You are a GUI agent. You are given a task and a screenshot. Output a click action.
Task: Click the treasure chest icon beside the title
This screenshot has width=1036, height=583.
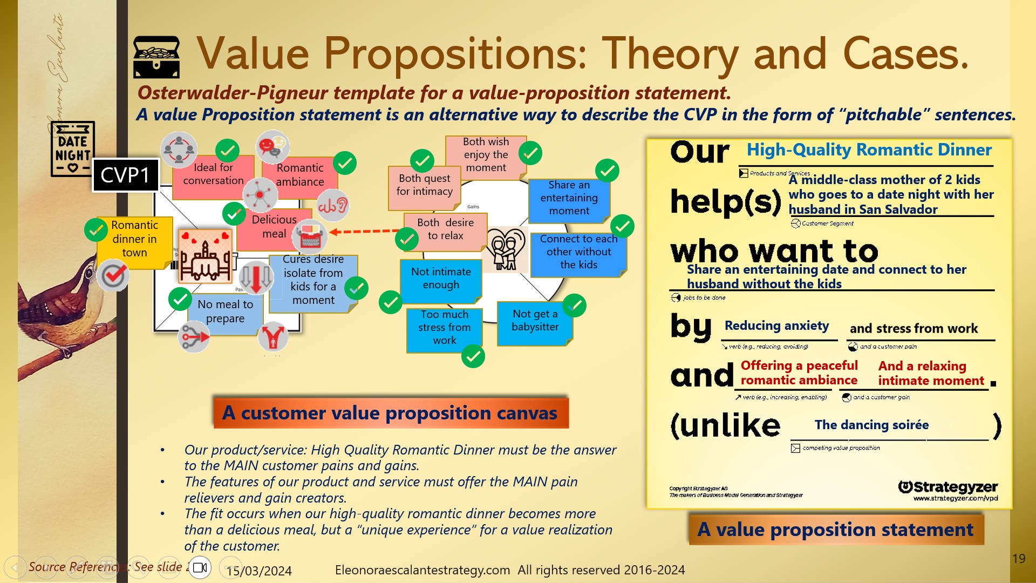[x=156, y=57]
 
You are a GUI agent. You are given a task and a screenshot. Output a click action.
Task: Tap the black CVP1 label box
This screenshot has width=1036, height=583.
[x=126, y=175]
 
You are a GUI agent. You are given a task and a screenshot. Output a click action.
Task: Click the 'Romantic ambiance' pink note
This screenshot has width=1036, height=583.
[x=300, y=175]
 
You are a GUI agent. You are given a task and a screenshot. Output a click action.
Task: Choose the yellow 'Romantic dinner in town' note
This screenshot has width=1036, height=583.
[x=134, y=239]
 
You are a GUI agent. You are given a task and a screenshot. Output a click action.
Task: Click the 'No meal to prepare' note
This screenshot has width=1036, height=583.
[x=225, y=312]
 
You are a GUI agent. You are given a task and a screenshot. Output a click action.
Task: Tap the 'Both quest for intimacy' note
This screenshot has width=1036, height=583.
[x=424, y=185]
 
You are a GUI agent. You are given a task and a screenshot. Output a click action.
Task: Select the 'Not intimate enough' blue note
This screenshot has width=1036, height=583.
[x=441, y=279]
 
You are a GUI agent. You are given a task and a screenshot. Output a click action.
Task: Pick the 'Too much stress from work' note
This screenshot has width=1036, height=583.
[x=444, y=328]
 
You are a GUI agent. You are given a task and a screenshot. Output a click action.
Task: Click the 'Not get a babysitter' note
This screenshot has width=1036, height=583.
[x=535, y=321]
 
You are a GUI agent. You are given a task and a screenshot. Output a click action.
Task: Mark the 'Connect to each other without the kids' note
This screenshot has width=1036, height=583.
[x=578, y=252]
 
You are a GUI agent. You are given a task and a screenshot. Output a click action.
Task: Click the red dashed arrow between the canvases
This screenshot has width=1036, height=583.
[x=364, y=232]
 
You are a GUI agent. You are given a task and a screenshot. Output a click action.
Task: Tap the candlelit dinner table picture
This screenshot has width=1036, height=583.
[x=205, y=256]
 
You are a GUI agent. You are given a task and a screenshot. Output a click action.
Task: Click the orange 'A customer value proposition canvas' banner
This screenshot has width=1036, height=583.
[x=391, y=413]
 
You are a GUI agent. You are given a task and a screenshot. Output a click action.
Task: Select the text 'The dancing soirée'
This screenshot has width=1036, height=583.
[x=871, y=425]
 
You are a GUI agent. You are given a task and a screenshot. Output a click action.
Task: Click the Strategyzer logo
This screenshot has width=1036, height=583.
[x=948, y=487]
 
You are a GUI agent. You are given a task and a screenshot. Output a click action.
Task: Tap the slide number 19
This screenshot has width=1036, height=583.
[x=1018, y=559]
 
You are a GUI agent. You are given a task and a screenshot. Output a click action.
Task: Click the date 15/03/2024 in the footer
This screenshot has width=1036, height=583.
[x=259, y=571]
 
